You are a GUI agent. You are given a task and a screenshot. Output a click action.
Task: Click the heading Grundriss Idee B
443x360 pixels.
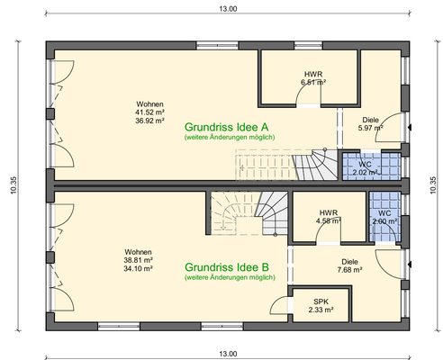[228, 267]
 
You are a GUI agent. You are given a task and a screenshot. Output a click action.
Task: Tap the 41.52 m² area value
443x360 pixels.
[149, 112]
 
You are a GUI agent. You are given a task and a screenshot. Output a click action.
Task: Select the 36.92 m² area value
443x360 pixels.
[149, 120]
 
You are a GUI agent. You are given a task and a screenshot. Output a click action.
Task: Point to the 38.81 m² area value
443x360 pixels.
[138, 259]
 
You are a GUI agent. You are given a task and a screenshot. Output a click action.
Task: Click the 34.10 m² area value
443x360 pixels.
[138, 267]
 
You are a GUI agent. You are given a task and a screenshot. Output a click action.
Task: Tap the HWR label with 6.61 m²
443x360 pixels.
[312, 74]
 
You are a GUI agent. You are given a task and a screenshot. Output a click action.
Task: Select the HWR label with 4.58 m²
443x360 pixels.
[328, 213]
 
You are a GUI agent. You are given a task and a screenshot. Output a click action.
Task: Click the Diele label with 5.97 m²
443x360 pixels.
[370, 119]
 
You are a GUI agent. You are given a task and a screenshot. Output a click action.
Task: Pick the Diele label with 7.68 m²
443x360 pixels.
[348, 260]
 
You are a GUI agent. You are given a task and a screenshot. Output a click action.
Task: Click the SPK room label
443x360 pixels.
[321, 301]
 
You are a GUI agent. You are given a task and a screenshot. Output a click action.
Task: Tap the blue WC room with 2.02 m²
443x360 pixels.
[365, 166]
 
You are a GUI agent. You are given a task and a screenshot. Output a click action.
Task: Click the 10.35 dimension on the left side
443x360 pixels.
[12, 184]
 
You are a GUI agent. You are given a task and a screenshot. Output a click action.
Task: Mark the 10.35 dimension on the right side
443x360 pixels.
[432, 184]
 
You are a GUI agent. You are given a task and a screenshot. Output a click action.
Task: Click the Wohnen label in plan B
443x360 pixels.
[138, 251]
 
